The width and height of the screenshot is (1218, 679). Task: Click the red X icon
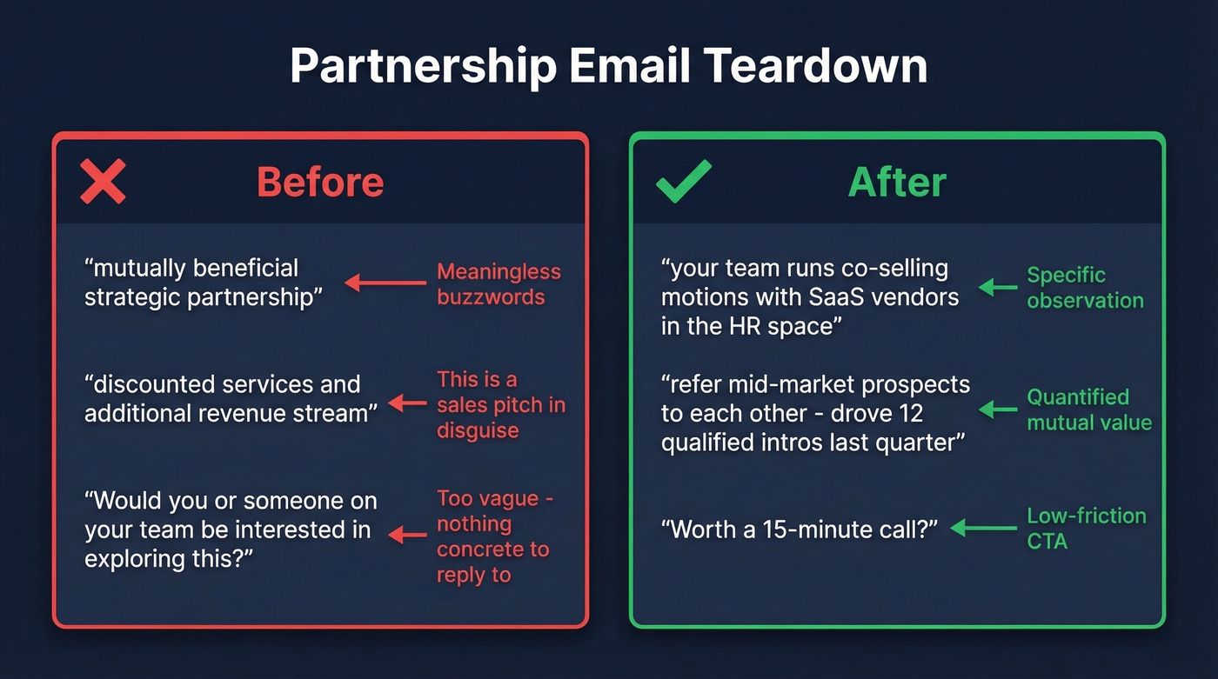pos(103,182)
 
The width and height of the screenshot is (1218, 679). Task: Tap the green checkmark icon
pos(683,181)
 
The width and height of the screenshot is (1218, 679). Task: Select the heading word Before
pos(320,183)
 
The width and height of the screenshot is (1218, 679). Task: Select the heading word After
pos(897,183)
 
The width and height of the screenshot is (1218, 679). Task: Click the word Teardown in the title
pos(816,66)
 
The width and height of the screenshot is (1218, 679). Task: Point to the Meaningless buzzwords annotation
pos(499,284)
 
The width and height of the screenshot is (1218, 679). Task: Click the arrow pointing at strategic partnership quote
pos(385,283)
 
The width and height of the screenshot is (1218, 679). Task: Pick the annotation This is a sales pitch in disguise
pos(500,404)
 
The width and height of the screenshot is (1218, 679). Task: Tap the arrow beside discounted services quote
pos(406,403)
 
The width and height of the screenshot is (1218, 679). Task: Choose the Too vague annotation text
pos(494,536)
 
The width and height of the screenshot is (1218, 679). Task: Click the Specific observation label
pos(1085,288)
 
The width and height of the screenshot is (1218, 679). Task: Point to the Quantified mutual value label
pos(1088,409)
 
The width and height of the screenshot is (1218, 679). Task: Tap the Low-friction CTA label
pos(1086,528)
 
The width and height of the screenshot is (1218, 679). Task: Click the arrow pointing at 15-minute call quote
pos(983,528)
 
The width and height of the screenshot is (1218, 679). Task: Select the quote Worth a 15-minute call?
pos(799,529)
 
